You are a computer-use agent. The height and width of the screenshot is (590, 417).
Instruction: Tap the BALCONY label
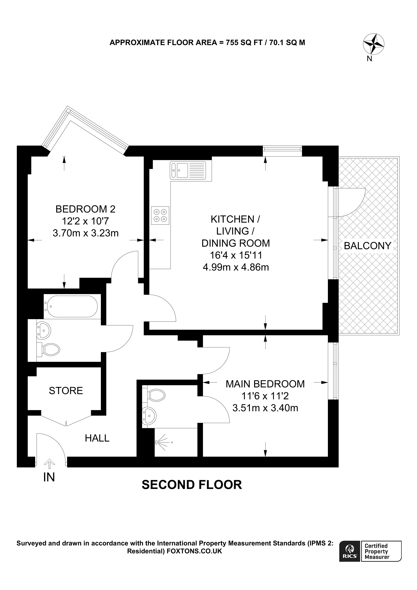(367, 246)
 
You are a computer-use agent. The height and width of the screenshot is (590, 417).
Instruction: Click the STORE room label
(66, 391)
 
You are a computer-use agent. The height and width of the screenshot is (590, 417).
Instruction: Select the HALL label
(97, 438)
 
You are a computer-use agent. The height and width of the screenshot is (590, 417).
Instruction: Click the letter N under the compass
(369, 59)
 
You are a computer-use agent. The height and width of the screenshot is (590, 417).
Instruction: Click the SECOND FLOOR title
(192, 485)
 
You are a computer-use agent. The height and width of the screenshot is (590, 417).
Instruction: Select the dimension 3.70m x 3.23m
(85, 233)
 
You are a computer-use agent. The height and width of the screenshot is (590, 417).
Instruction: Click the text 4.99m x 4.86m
(236, 267)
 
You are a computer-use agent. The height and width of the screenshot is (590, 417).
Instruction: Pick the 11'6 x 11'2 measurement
(265, 396)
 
